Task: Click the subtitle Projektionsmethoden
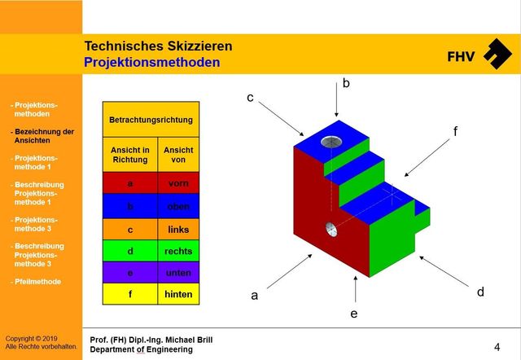(x=151, y=62)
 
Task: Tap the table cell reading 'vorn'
(x=177, y=183)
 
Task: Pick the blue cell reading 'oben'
(x=177, y=206)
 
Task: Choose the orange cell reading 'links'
(x=177, y=229)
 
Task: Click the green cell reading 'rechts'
(x=177, y=252)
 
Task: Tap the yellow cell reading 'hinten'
(x=177, y=294)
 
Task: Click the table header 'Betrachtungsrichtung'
(x=151, y=120)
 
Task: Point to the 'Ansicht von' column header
(x=177, y=155)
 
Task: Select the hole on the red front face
(x=331, y=227)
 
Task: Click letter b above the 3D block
(x=345, y=83)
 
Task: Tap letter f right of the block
(x=455, y=130)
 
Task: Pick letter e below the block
(x=353, y=312)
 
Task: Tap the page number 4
(x=497, y=346)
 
